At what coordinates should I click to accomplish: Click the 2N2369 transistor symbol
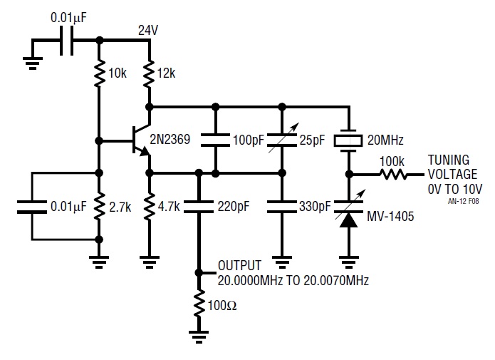tap(141, 140)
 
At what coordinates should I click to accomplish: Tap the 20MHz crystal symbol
tap(348, 140)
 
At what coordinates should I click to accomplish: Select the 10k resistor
tap(99, 73)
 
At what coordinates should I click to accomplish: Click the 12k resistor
tap(150, 73)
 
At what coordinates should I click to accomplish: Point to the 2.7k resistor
tap(99, 206)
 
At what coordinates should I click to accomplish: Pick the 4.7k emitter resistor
tap(150, 206)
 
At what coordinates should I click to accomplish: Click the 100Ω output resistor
tap(199, 304)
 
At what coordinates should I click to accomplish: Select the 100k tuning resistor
tap(393, 174)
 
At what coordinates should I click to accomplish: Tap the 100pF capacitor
tap(215, 140)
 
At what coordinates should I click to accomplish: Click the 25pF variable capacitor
tap(282, 140)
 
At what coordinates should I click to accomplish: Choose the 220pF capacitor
tap(199, 207)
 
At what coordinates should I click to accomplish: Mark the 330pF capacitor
tap(282, 207)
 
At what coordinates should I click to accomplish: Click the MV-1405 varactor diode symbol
tap(349, 210)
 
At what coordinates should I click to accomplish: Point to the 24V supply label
tap(148, 31)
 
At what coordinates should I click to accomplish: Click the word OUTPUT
tap(239, 265)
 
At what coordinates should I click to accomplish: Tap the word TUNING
tap(448, 160)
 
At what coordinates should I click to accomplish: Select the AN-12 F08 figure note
tap(463, 201)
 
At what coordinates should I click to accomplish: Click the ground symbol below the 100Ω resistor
tap(199, 336)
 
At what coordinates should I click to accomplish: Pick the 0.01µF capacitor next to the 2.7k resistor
tap(31, 207)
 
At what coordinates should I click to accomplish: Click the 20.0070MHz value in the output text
tap(336, 280)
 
